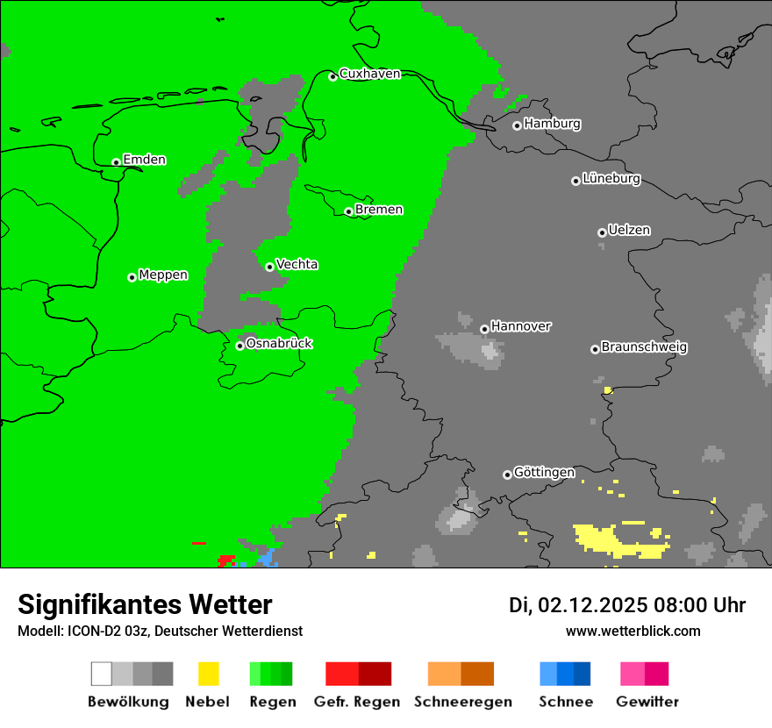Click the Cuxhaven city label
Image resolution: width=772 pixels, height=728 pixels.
(369, 74)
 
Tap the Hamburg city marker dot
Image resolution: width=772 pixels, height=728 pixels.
(517, 125)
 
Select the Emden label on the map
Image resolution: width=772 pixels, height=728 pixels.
(144, 160)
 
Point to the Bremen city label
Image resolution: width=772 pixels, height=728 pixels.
(379, 210)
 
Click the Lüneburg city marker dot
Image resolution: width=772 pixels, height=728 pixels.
(575, 181)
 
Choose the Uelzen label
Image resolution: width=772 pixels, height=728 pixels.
(629, 231)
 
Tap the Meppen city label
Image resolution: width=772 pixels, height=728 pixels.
(163, 275)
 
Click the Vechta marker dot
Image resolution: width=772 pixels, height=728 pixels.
(269, 267)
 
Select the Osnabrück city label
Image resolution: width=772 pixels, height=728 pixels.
(279, 343)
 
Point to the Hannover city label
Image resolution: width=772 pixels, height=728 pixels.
(521, 326)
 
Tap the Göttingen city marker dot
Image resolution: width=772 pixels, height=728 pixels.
(507, 475)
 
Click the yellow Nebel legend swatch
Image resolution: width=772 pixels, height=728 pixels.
(208, 674)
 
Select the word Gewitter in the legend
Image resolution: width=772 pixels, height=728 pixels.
(647, 702)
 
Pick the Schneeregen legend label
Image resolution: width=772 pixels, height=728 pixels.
(463, 702)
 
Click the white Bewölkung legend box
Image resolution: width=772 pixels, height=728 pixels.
(102, 674)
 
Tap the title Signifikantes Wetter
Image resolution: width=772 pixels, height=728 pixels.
(145, 605)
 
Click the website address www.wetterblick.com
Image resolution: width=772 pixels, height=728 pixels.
(633, 631)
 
